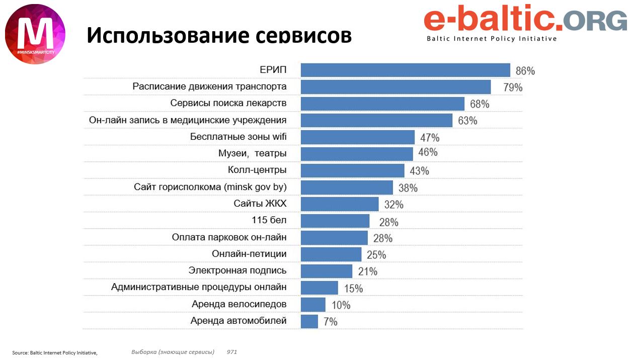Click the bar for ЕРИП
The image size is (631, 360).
click(405, 70)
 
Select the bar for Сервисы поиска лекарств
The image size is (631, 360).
click(382, 104)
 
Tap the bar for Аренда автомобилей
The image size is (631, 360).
click(309, 321)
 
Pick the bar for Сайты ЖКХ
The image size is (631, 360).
click(340, 204)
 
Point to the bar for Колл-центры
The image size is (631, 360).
click(352, 170)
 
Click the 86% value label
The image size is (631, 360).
click(525, 71)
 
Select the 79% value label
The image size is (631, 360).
click(513, 87)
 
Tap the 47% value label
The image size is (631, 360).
click(430, 137)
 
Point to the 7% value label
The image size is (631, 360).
click(331, 322)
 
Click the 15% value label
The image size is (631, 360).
click(353, 289)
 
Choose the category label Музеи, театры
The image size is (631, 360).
click(253, 153)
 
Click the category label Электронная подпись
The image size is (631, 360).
click(238, 271)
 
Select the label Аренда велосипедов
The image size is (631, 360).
click(239, 304)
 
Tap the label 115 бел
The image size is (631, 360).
click(269, 220)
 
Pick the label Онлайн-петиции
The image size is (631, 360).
click(249, 254)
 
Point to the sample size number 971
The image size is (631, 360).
click(232, 351)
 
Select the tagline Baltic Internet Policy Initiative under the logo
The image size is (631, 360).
click(492, 39)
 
